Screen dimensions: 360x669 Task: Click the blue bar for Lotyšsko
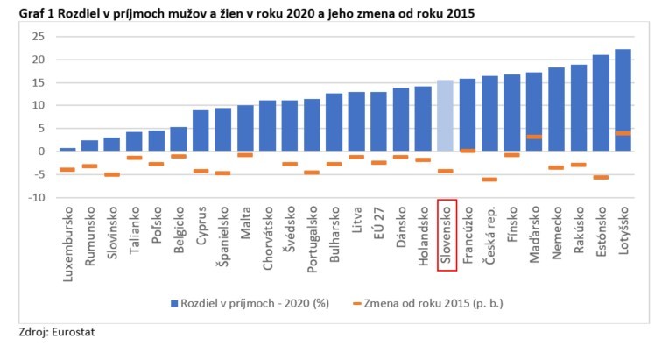[623, 100]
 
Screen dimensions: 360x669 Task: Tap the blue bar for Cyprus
[201, 131]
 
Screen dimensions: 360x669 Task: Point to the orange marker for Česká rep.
[489, 179]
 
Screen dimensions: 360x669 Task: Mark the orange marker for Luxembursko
[67, 169]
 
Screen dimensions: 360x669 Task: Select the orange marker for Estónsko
[602, 177]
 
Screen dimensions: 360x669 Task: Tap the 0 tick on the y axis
[41, 152]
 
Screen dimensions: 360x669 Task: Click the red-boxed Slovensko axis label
[447, 235]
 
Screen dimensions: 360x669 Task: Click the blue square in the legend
[175, 303]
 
